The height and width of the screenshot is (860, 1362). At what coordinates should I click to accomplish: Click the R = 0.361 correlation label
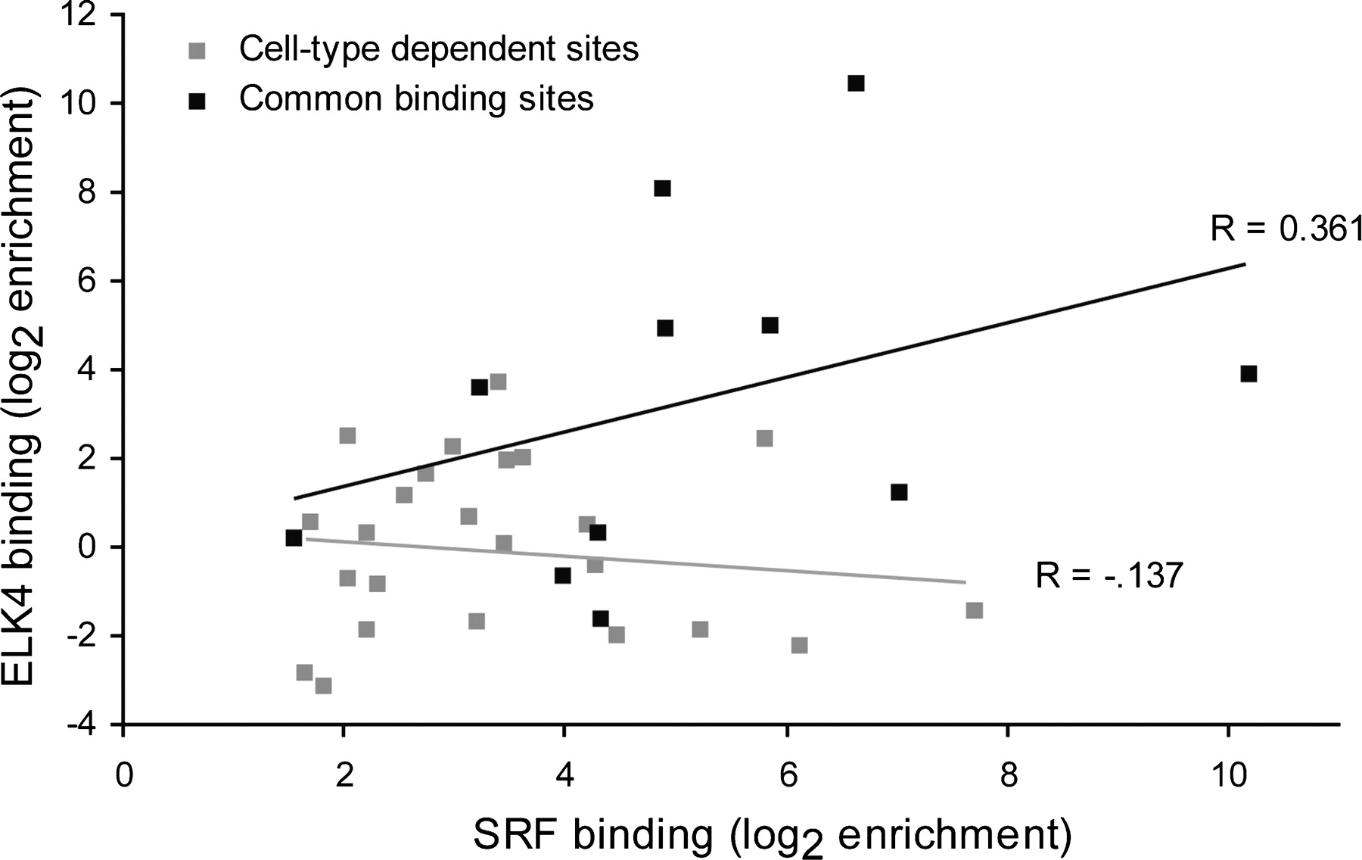click(1286, 228)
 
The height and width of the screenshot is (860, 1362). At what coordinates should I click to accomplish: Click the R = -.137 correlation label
click(1109, 576)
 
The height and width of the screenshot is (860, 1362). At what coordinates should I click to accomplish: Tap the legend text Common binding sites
click(416, 99)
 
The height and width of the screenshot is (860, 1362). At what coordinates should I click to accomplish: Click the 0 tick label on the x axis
click(123, 777)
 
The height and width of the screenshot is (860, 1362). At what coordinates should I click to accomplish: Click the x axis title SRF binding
click(772, 832)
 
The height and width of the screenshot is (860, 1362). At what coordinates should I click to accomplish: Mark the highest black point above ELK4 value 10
click(856, 83)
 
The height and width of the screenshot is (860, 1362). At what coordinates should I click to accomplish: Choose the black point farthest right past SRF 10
click(1248, 374)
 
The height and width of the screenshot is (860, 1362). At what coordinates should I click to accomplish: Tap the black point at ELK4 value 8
click(662, 189)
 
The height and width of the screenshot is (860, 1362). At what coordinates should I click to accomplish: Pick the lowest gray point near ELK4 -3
click(323, 686)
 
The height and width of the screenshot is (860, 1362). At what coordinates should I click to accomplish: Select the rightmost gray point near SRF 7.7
click(975, 610)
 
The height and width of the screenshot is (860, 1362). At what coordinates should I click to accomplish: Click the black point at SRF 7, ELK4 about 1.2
click(899, 492)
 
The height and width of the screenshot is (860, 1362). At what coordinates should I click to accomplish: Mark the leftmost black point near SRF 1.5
click(294, 537)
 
